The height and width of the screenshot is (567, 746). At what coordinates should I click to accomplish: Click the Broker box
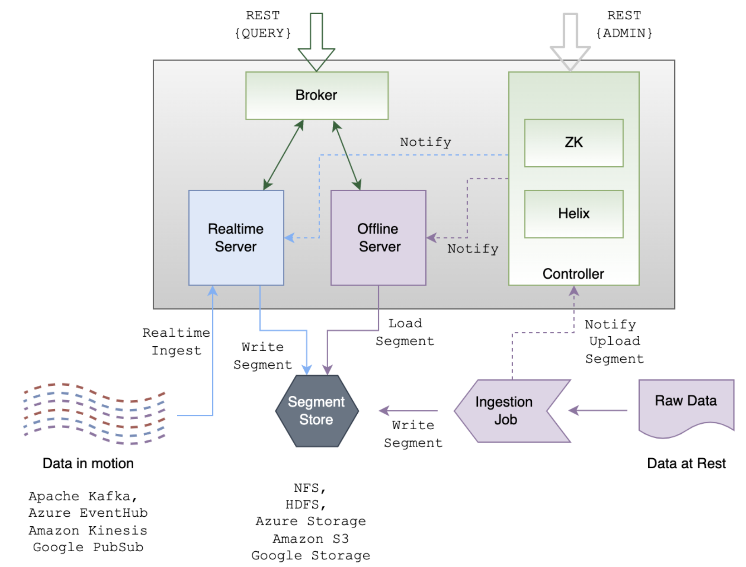(x=317, y=95)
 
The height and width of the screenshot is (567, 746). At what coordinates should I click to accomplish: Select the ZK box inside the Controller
(x=574, y=143)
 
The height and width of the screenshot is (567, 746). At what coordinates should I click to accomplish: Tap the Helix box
(x=574, y=214)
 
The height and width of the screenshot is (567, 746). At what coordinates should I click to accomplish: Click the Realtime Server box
(x=236, y=238)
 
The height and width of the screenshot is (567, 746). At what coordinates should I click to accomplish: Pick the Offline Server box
(x=378, y=238)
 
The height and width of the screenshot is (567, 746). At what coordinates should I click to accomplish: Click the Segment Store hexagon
(x=317, y=411)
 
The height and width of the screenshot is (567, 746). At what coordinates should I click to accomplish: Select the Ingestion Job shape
(x=512, y=411)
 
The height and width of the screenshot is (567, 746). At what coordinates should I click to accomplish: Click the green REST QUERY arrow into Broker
(x=317, y=42)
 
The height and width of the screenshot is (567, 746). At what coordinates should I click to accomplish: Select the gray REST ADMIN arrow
(x=570, y=42)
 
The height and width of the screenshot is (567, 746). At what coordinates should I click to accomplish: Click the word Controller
(x=573, y=274)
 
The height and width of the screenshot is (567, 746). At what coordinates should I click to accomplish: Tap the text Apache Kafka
(x=83, y=496)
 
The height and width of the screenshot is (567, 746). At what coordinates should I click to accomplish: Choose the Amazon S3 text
(x=311, y=538)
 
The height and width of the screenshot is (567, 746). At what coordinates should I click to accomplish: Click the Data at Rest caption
(x=686, y=464)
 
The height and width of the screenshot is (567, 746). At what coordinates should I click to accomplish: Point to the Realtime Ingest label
(x=176, y=341)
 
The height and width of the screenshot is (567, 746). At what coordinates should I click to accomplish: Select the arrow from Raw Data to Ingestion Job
(x=598, y=410)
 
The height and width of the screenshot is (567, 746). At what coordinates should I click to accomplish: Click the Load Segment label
(x=405, y=332)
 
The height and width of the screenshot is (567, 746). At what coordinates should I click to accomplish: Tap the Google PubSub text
(x=88, y=547)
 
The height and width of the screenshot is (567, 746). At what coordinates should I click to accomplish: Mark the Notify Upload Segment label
(x=614, y=341)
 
